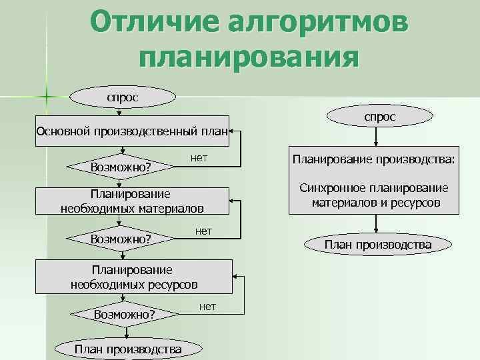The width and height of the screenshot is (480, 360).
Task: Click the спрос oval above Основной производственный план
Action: click(x=123, y=97)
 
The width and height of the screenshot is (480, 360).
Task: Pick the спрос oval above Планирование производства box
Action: click(x=379, y=117)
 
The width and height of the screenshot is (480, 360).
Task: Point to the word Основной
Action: click(x=64, y=131)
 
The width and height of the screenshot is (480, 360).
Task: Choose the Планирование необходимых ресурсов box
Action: click(x=134, y=277)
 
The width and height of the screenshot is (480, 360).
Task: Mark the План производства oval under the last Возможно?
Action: click(x=129, y=349)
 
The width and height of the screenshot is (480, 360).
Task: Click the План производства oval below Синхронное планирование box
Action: click(x=377, y=245)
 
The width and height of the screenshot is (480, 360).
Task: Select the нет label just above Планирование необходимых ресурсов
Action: click(x=203, y=231)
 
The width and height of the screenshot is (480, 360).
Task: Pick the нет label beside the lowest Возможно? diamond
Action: click(x=207, y=307)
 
